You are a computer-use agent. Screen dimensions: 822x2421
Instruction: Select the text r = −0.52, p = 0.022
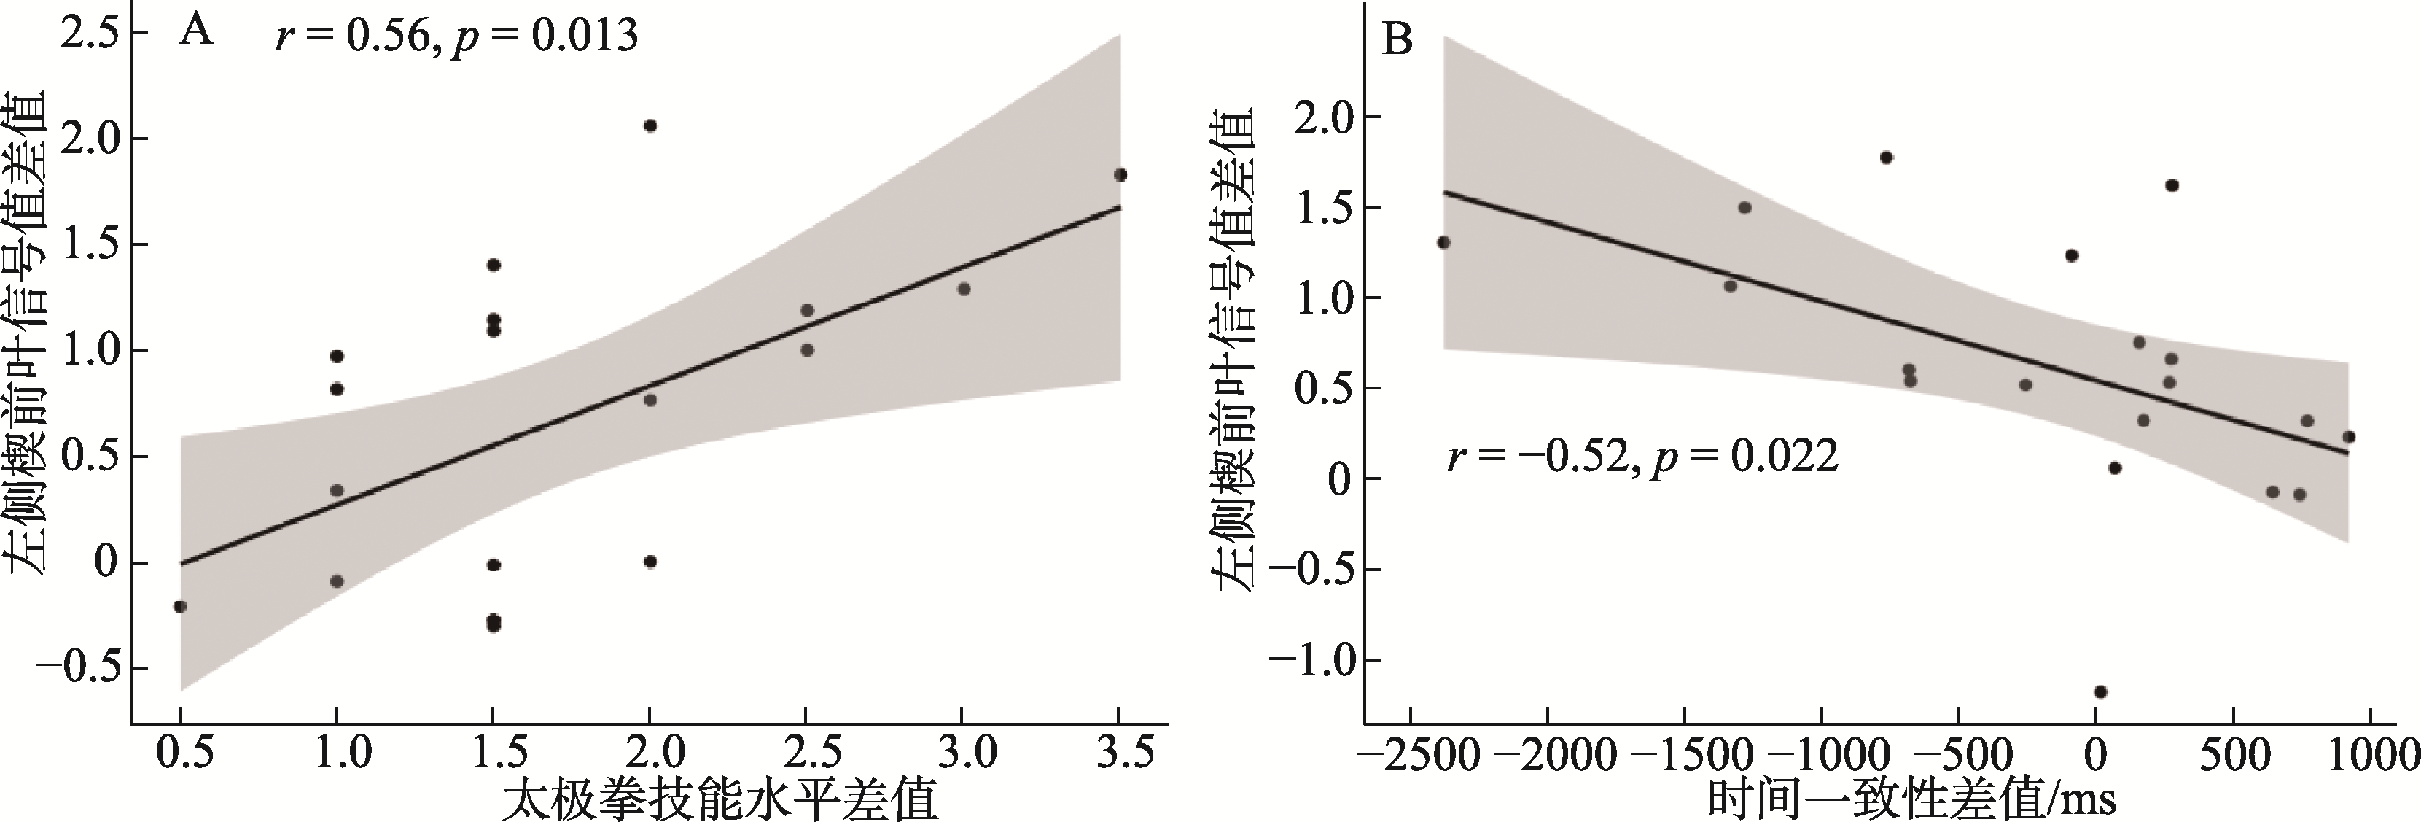(1642, 458)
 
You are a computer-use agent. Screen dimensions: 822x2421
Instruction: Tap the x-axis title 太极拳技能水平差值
(720, 802)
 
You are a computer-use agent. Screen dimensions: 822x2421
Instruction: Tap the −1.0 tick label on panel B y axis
(1309, 660)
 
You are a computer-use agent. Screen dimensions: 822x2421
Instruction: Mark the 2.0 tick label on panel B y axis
(1323, 117)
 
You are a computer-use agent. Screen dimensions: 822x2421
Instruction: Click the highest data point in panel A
(650, 126)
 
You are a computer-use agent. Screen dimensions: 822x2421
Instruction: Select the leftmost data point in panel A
(181, 607)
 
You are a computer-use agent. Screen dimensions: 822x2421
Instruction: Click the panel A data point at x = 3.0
(963, 289)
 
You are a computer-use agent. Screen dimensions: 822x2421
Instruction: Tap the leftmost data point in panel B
(1445, 243)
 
